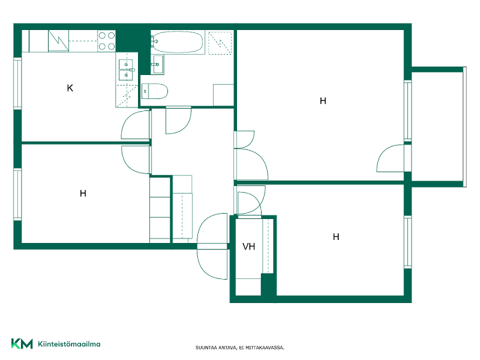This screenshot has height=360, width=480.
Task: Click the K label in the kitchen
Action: [x=70, y=88]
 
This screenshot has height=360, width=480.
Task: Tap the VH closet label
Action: [x=248, y=247]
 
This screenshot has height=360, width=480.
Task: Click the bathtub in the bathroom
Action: [x=178, y=42]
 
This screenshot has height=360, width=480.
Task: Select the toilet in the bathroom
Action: [x=155, y=91]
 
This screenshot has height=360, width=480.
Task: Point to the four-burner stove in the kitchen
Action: [x=107, y=41]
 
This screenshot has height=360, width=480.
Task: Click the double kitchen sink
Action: [x=126, y=70]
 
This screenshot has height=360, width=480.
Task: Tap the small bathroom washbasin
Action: [x=158, y=64]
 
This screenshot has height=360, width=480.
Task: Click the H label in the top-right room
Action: [x=323, y=101]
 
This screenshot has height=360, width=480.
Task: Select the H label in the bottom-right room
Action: [x=336, y=236]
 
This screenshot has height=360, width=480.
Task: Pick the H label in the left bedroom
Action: [x=83, y=193]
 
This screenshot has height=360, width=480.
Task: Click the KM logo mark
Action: [x=22, y=343]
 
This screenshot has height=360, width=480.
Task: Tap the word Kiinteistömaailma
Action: [x=69, y=344]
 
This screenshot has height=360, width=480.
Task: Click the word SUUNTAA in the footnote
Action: [x=206, y=348]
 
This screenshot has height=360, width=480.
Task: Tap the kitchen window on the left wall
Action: [x=17, y=83]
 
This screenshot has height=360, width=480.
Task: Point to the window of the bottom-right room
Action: [x=407, y=242]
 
